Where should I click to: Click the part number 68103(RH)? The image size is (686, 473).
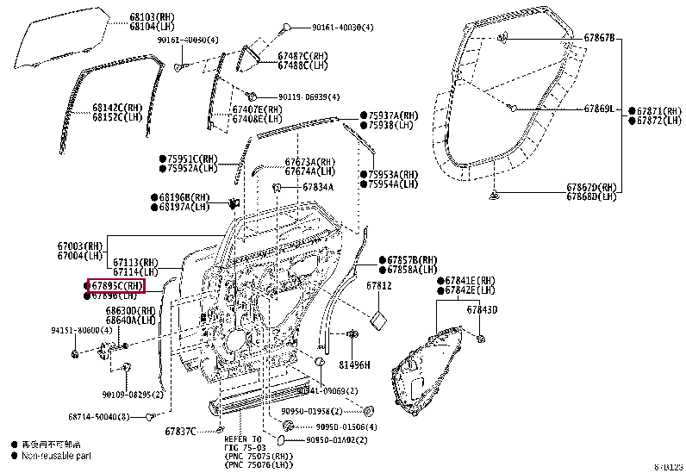[x=148, y=16]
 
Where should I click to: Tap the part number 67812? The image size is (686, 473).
[x=378, y=285]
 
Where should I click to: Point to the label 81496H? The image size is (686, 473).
[x=353, y=364]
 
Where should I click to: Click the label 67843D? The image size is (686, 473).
[x=483, y=309]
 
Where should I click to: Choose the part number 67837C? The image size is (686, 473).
[x=181, y=431]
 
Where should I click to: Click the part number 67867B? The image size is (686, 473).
[x=599, y=38]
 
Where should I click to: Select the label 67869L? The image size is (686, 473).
[x=599, y=109]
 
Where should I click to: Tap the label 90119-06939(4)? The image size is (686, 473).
[x=309, y=96]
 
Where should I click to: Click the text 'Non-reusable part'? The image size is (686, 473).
[x=56, y=455]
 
